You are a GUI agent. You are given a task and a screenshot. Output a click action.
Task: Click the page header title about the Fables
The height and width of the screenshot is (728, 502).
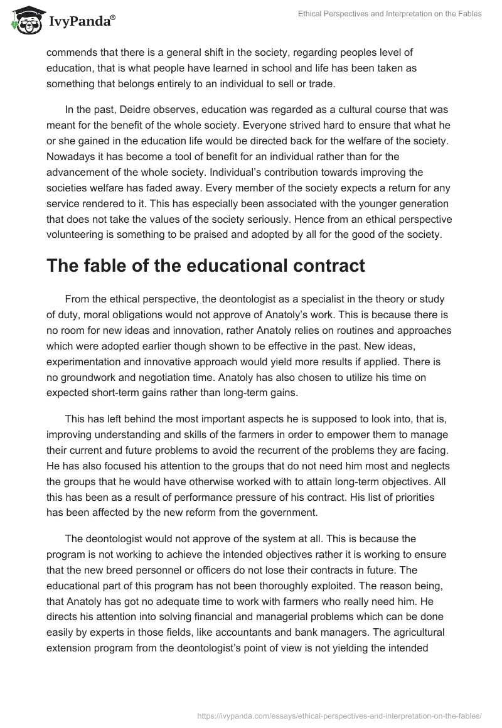[389, 14]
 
